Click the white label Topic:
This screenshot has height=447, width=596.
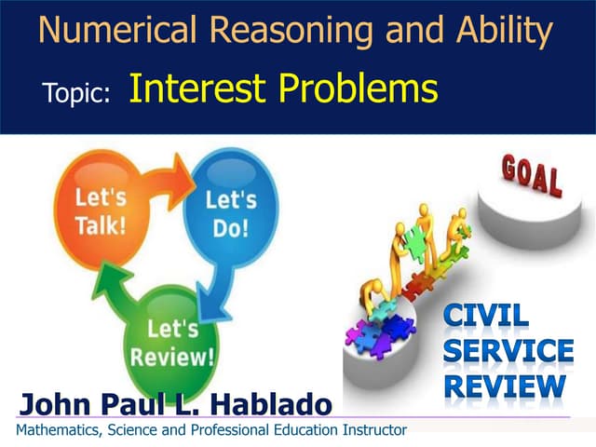(77, 92)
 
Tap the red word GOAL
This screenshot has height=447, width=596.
(532, 176)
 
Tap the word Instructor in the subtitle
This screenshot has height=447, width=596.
(372, 430)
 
